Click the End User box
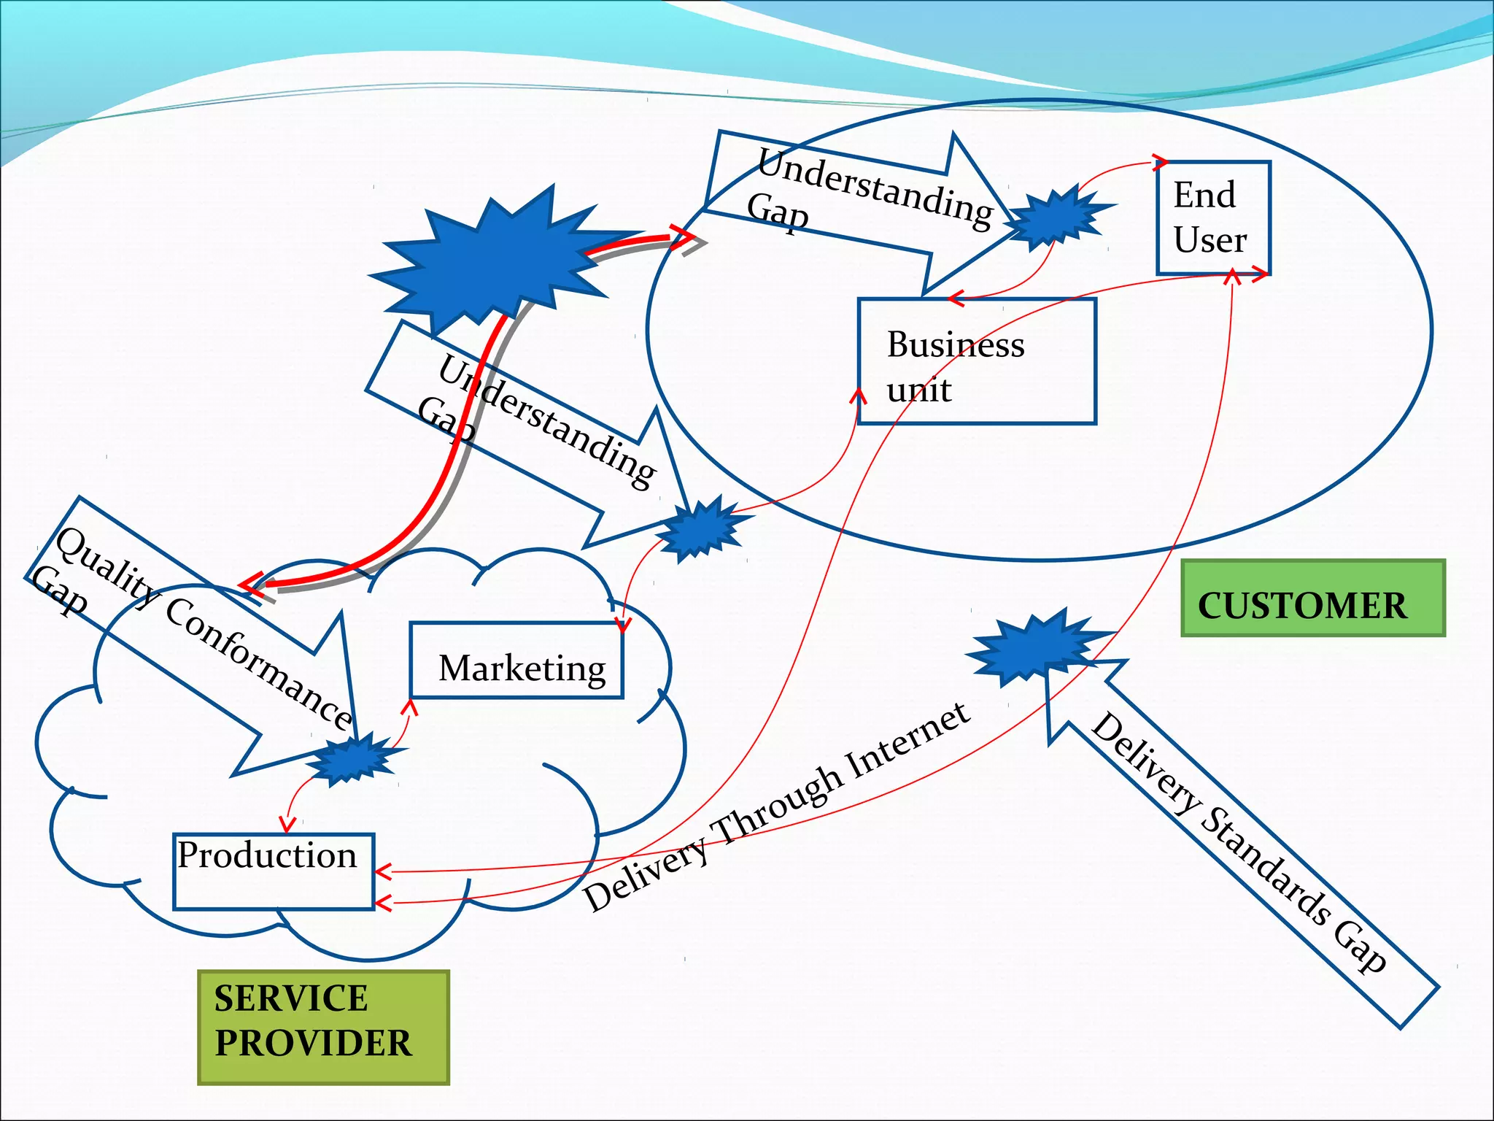(1213, 217)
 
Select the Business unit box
(976, 361)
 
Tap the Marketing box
(516, 660)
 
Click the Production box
(274, 871)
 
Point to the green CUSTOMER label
(1312, 598)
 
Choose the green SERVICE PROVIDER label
(323, 1027)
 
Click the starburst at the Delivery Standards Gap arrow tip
(1036, 646)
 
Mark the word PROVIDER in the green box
(314, 1043)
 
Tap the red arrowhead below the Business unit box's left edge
(859, 396)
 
